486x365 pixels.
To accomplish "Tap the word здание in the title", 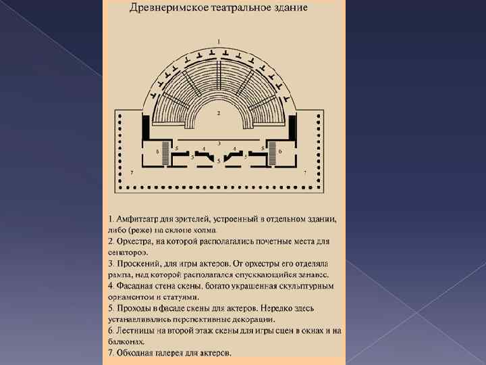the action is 290,9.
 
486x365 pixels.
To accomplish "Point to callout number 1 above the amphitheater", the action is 218,41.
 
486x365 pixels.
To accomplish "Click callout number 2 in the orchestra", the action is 218,113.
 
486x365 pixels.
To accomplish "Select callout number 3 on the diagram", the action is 218,143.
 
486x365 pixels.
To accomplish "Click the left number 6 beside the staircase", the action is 157,151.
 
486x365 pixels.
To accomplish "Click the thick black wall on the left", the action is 145,125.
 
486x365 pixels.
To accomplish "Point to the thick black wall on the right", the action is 292,125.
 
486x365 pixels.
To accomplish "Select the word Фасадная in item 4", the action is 139,286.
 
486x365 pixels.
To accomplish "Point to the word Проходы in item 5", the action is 138,308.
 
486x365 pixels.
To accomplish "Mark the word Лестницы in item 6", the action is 140,331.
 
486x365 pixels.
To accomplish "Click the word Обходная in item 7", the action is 139,353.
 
